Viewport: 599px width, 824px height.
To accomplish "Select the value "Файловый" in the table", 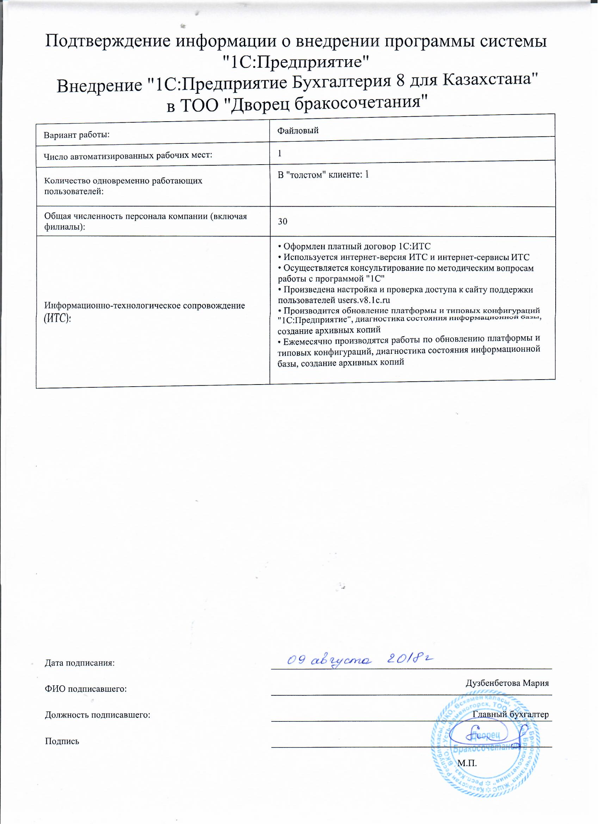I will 298,130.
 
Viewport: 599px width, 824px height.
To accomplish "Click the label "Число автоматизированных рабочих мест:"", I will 128,156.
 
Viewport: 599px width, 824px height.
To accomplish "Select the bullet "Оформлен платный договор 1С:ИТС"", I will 354,246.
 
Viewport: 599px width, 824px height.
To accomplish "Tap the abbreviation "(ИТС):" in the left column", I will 57,319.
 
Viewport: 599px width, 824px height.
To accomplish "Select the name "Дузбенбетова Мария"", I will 507,683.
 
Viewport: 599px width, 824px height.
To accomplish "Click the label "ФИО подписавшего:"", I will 86,689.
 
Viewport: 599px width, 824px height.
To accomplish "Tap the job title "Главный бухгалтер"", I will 511,714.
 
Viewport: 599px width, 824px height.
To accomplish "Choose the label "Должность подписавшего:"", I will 97,715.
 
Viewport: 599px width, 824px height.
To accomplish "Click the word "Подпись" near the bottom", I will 62,741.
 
